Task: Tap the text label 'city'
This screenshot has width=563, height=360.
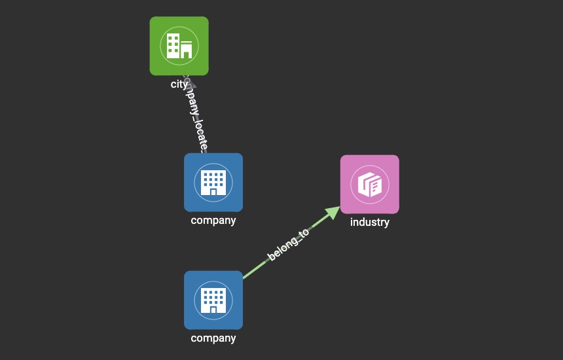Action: click(179, 84)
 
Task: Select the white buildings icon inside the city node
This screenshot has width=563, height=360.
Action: click(179, 46)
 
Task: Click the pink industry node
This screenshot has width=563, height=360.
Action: click(369, 184)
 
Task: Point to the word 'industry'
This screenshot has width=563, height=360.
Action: click(369, 222)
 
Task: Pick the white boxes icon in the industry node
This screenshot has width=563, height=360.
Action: click(369, 184)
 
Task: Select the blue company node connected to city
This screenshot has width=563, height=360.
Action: click(213, 182)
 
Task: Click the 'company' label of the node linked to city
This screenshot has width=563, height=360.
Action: click(213, 221)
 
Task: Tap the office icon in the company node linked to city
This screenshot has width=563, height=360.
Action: click(213, 182)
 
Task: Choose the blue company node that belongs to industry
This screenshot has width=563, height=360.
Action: click(213, 300)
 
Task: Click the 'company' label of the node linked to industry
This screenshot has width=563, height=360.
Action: click(213, 338)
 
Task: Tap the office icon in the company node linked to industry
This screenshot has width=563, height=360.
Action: click(213, 300)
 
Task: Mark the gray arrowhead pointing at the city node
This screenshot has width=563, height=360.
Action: click(191, 84)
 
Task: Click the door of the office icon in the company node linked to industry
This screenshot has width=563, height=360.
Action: click(213, 310)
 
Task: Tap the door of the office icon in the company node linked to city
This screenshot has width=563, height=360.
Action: click(213, 192)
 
